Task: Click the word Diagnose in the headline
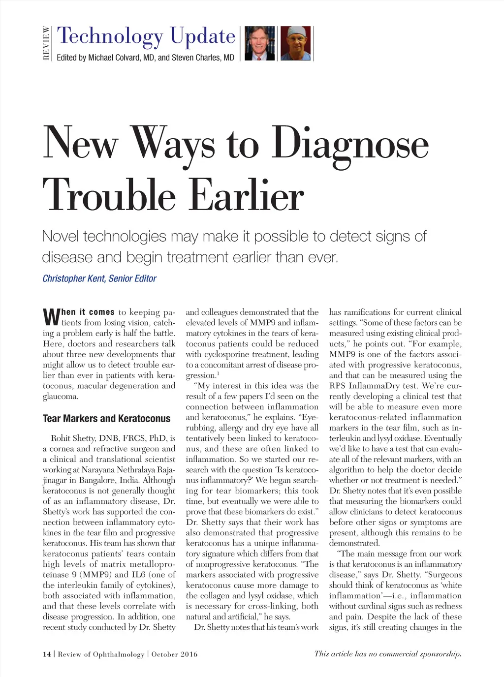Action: point(350,144)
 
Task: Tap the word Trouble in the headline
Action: point(109,195)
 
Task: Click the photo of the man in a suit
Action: point(259,43)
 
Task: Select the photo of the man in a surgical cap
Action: point(296,43)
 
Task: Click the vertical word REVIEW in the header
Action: point(46,43)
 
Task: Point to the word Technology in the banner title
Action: point(110,36)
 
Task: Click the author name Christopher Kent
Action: point(73,278)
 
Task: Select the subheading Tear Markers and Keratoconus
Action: point(106,419)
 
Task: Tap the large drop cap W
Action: point(51,317)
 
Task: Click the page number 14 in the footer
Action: point(47,654)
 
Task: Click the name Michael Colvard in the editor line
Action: point(114,58)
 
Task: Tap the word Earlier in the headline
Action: point(247,195)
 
